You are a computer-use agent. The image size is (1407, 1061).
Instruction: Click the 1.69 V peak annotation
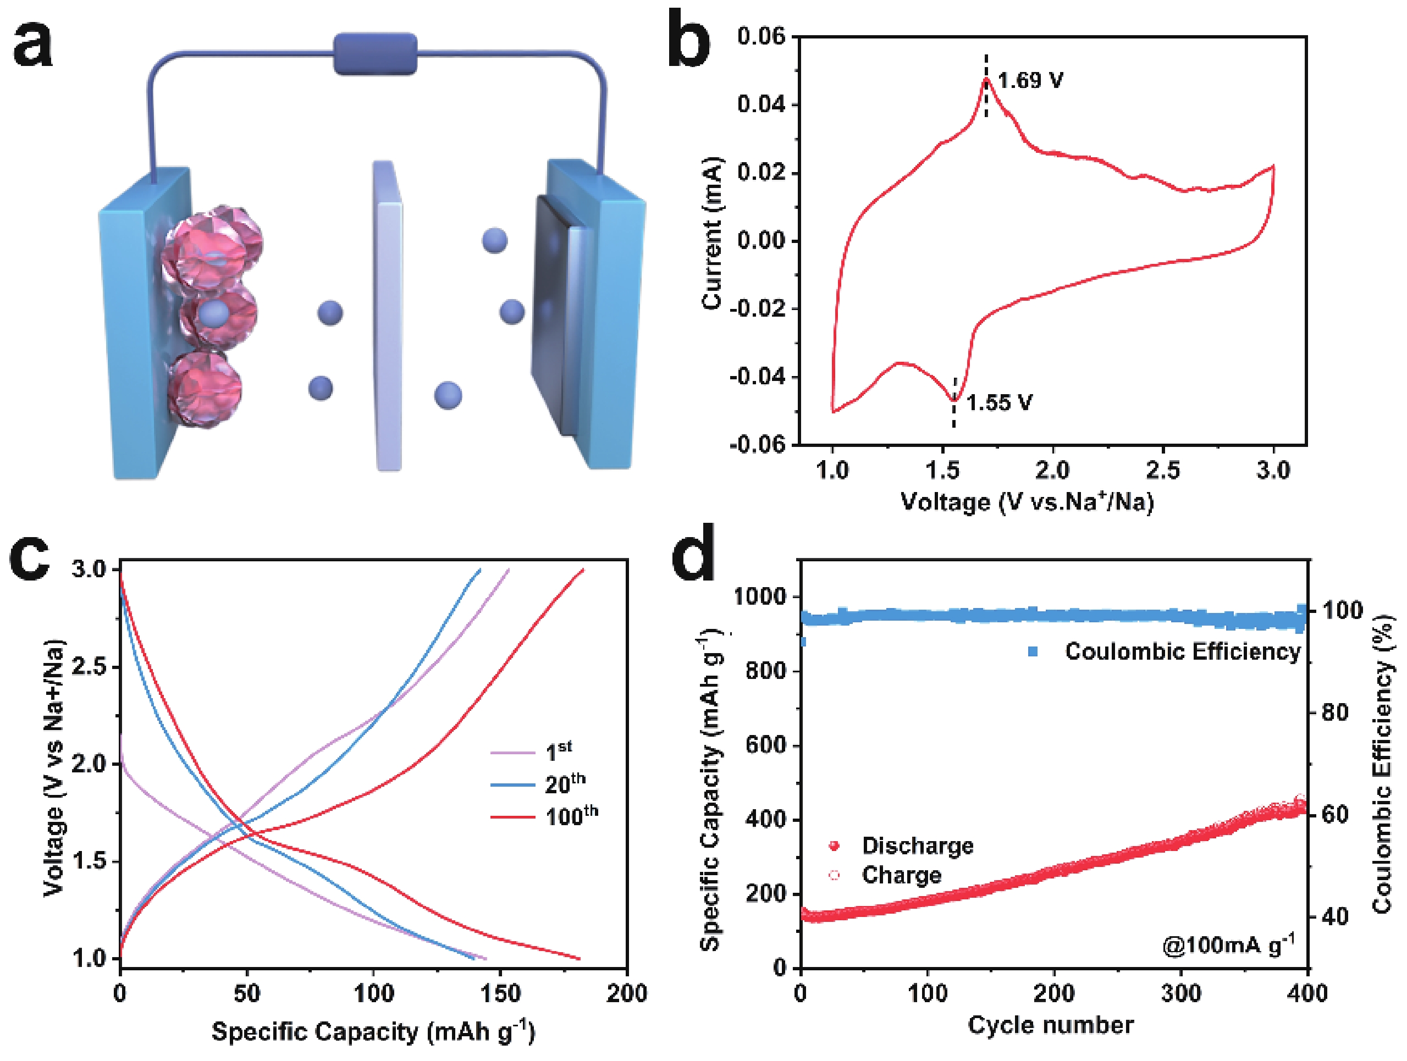click(1030, 81)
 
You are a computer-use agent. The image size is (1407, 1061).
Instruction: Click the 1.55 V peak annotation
click(999, 402)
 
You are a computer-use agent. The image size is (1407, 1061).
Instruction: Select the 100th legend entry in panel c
click(571, 816)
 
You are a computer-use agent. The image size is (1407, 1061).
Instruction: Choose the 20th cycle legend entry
click(564, 784)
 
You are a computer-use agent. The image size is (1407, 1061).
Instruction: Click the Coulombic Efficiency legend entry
click(1182, 651)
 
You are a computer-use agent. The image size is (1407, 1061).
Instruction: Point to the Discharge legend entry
click(917, 846)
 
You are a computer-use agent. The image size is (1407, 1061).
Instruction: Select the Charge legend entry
click(901, 875)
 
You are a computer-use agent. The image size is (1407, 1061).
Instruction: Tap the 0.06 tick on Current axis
click(761, 36)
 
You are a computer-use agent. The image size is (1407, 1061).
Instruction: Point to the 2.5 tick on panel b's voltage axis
click(1163, 470)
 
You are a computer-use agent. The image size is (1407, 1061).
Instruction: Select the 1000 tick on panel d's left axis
click(759, 596)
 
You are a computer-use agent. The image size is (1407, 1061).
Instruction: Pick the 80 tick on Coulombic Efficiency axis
click(1334, 712)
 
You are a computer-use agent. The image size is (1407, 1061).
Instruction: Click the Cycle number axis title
click(1050, 1025)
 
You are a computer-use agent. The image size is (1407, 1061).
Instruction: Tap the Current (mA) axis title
click(712, 232)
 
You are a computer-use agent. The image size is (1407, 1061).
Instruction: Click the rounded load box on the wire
click(376, 54)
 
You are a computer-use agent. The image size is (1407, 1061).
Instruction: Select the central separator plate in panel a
click(388, 318)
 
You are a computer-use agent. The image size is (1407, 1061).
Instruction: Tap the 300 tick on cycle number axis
click(1180, 993)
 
